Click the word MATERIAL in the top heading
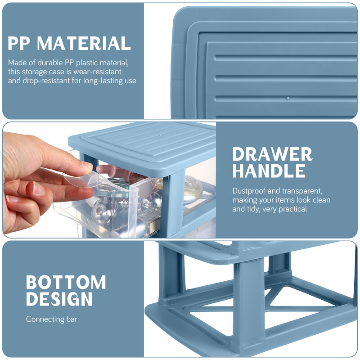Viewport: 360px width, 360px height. (x=84, y=43)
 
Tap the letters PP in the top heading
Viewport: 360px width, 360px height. (x=19, y=43)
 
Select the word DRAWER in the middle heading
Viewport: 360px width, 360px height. (x=272, y=154)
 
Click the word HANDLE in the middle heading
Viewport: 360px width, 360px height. (x=269, y=171)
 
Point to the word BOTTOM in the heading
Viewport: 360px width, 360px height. (x=66, y=282)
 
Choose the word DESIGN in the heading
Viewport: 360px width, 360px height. (x=59, y=299)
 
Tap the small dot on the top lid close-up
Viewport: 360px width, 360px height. (x=288, y=99)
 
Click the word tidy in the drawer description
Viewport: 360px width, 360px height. (x=252, y=209)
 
